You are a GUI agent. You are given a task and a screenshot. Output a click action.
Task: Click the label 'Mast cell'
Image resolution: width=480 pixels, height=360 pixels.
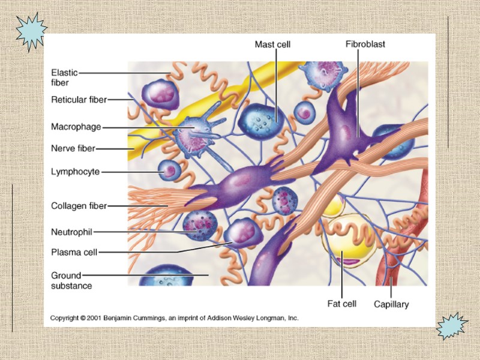pos(272,44)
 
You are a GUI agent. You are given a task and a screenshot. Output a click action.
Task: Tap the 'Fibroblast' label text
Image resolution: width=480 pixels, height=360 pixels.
pos(365,44)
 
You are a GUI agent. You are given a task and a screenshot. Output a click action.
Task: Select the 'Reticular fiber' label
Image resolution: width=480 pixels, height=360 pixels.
pos(79,100)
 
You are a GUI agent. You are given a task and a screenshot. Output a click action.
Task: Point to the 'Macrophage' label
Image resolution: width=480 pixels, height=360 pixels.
pos(76,127)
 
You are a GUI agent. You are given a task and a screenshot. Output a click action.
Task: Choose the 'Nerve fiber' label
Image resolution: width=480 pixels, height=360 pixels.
pos(73,148)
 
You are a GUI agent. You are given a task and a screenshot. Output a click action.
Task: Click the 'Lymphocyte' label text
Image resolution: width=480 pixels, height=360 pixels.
pos(75,172)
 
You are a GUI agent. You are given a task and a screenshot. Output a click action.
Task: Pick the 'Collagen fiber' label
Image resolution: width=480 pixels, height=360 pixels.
pos(79,206)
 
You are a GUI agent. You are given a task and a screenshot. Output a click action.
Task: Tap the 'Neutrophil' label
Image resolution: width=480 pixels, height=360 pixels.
pos(72,231)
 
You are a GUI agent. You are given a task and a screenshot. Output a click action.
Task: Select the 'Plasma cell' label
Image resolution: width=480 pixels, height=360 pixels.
pos(74,253)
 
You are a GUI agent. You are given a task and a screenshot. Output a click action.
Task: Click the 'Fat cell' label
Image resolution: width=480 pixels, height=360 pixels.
pos(341,304)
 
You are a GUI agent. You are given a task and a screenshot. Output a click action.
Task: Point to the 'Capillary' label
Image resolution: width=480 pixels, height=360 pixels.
pos(391,304)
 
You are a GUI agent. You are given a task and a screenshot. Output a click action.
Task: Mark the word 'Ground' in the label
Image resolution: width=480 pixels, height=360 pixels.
pos(65,275)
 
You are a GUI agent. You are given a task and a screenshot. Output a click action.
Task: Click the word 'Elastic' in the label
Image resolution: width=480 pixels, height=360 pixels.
pos(64,73)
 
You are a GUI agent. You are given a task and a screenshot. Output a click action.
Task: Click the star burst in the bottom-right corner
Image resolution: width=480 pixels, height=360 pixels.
pos(451,326)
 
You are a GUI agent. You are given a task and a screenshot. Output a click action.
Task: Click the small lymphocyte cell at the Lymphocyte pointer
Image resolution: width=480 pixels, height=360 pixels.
pos(169,172)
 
